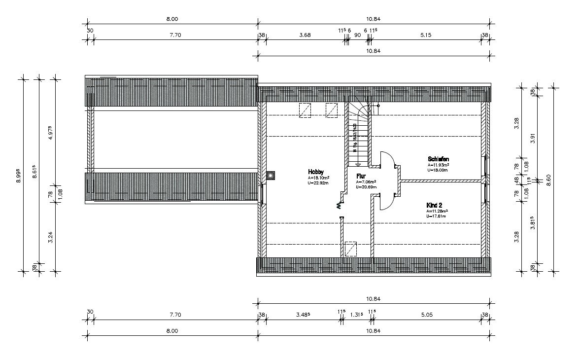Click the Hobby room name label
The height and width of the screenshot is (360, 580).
tap(316, 172)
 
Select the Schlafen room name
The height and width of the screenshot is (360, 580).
tap(438, 159)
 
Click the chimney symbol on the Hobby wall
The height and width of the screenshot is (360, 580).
tap(271, 175)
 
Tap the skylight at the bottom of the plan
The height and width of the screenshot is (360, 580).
tap(351, 249)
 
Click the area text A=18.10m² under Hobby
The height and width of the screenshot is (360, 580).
tap(319, 178)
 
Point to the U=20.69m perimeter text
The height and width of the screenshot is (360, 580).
tap(366, 187)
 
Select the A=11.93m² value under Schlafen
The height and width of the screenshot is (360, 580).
tap(438, 165)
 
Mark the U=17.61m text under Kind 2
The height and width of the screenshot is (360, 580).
tap(436, 216)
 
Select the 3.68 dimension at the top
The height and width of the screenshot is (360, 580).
tap(305, 35)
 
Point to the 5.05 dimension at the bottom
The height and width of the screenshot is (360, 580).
tap(426, 314)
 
